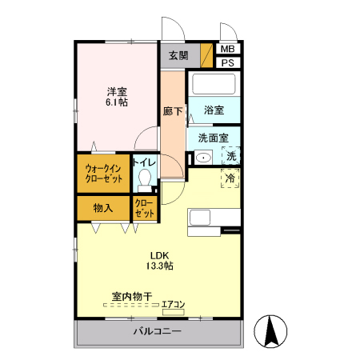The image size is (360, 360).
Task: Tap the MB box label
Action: pos(227,49)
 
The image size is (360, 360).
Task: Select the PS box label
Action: pos(227,62)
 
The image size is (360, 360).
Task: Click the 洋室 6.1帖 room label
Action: pos(116,97)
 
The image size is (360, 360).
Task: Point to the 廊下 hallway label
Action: pos(172,112)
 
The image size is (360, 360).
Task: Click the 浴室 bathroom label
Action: pos(213,110)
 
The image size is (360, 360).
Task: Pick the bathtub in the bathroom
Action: pos(213,85)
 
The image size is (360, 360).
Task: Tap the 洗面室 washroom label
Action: pos(213,138)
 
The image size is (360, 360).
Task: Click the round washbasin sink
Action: pos(202,157)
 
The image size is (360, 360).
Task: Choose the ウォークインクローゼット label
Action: pos(104,174)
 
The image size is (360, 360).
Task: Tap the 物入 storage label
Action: pos(102,208)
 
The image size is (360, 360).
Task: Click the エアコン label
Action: pos(173,303)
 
